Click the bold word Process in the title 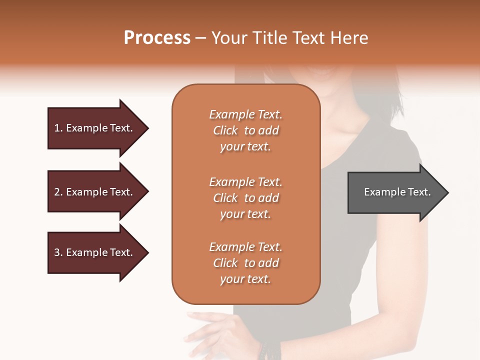coord(157,38)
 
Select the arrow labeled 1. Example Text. coord(95,128)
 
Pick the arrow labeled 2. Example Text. coord(95,192)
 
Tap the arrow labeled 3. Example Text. coord(95,252)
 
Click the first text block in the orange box coord(245,130)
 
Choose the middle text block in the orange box coord(245,198)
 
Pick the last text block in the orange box coord(245,263)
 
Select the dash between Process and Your coord(201,38)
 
